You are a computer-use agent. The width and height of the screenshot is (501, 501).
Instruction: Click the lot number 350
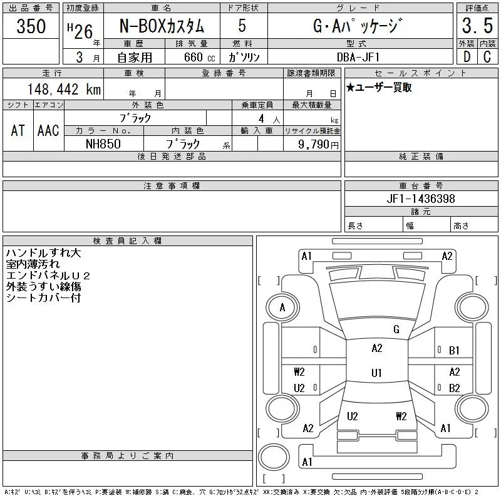[31, 26]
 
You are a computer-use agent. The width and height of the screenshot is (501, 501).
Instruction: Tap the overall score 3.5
[477, 28]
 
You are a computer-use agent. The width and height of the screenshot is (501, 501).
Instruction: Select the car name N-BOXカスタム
[162, 26]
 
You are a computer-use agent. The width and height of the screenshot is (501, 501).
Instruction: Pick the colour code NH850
[103, 143]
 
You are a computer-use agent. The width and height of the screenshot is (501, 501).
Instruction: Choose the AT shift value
[18, 130]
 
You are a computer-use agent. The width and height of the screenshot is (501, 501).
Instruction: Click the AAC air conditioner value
[48, 130]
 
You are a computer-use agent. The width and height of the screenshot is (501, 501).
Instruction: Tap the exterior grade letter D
[466, 56]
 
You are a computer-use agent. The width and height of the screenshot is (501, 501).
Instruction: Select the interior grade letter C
[487, 56]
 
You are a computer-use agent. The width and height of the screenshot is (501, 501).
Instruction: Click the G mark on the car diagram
[396, 329]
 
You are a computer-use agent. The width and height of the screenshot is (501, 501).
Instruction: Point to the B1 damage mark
[454, 351]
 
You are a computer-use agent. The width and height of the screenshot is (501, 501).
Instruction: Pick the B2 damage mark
[454, 388]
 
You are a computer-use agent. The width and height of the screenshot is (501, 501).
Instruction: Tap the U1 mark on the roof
[376, 373]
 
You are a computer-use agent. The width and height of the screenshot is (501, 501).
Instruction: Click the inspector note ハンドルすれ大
[43, 253]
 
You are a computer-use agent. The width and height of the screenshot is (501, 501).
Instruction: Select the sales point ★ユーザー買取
[379, 88]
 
